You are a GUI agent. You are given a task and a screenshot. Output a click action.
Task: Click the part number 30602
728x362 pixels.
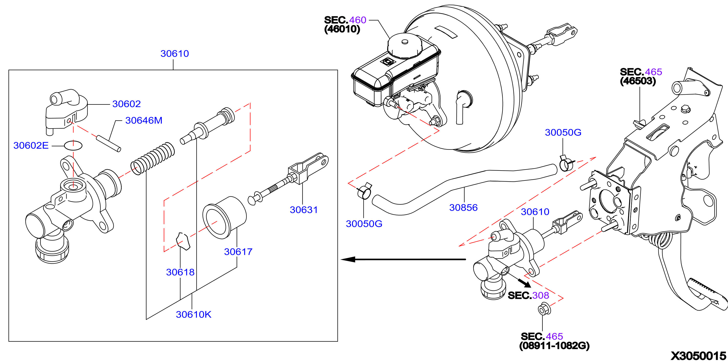pyautogui.click(x=126, y=104)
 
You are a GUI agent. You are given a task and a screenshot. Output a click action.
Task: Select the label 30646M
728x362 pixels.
pyautogui.click(x=144, y=121)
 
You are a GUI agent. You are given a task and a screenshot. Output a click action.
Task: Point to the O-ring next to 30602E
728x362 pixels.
pyautogui.click(x=73, y=146)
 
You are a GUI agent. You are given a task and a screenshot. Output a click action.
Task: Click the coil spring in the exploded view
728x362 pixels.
pyautogui.click(x=153, y=158)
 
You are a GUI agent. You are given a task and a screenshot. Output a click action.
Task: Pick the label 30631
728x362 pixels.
pyautogui.click(x=304, y=210)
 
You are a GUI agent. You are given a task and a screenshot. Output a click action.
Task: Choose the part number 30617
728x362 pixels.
pyautogui.click(x=238, y=252)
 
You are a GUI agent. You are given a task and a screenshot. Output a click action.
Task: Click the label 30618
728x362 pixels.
pyautogui.click(x=180, y=272)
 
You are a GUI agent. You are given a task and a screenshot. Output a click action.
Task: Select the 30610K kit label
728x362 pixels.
pyautogui.click(x=194, y=314)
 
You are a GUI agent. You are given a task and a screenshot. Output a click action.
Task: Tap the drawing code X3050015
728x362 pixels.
pyautogui.click(x=698, y=356)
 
